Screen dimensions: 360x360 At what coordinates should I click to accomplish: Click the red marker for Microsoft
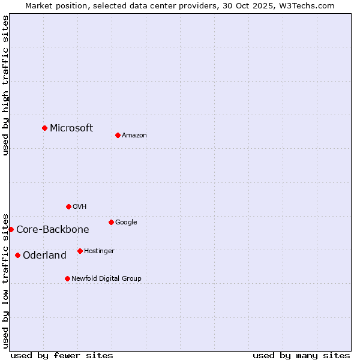[x=44, y=128]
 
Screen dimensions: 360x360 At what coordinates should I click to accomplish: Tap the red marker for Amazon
[x=118, y=135]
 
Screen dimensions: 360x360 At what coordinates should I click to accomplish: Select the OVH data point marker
[x=68, y=206]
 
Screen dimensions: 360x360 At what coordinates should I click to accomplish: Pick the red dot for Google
[x=111, y=222]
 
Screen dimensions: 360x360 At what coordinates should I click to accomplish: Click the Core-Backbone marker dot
[x=11, y=229]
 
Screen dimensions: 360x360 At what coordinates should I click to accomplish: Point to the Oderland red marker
[x=17, y=255]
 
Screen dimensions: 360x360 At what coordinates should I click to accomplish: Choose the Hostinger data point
[x=80, y=251]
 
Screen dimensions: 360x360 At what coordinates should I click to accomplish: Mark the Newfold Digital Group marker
[x=67, y=278]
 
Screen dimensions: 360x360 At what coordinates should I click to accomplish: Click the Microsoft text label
[x=71, y=128]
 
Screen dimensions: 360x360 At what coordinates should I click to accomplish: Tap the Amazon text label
[x=134, y=135]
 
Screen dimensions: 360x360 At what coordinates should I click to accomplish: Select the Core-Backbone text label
[x=53, y=229]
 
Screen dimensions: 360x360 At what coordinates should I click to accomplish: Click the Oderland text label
[x=44, y=255]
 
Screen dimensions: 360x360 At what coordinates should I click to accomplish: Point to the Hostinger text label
[x=99, y=251]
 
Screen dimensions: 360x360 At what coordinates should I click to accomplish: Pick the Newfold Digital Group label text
[x=106, y=278]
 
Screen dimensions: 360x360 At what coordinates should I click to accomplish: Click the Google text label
[x=126, y=222]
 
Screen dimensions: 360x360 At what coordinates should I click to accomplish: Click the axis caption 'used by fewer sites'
[x=62, y=355]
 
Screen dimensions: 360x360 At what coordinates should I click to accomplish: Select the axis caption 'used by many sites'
[x=301, y=355]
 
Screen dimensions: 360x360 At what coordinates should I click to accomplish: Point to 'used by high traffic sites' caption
[x=5, y=85]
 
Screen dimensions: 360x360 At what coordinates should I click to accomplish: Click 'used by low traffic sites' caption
[x=5, y=280]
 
